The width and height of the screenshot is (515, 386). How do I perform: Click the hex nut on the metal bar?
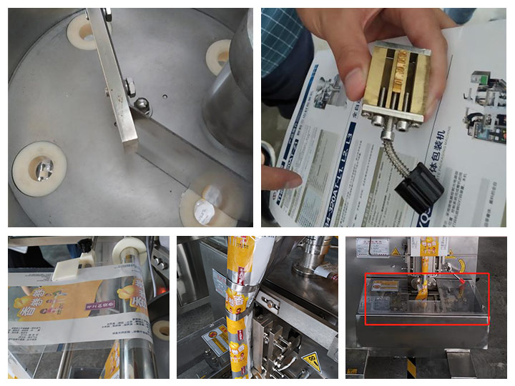130,88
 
